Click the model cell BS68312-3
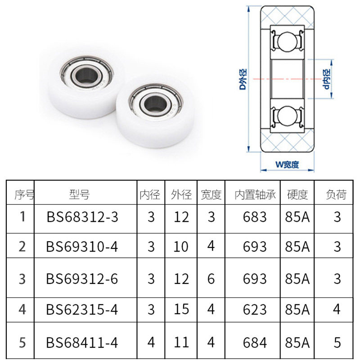tap(82, 217)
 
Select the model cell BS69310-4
tap(82, 247)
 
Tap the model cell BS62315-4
tap(82, 310)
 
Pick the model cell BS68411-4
tap(82, 343)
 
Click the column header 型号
tap(80, 194)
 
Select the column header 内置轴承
tap(255, 195)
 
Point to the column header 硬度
tap(297, 195)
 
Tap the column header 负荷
tap(336, 195)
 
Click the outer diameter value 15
tap(181, 310)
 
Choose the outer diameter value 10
tap(181, 247)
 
